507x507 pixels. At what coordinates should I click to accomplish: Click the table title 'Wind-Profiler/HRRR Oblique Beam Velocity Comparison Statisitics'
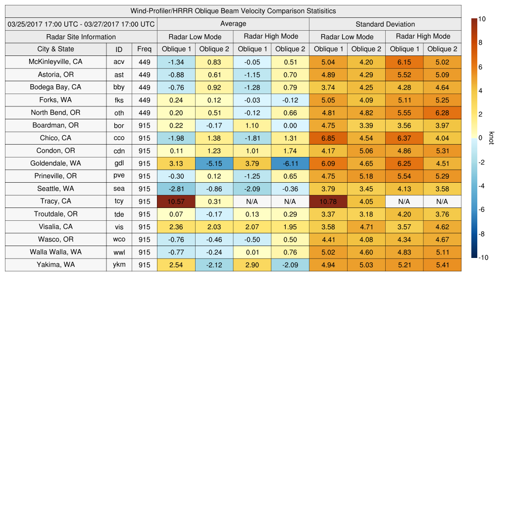[x=233, y=11]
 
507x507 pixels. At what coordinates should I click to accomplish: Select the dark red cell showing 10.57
[x=176, y=202]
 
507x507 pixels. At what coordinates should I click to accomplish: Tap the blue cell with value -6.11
[x=290, y=163]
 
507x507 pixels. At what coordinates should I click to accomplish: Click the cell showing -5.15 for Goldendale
[x=214, y=163]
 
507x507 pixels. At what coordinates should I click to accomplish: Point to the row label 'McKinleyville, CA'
[x=55, y=62]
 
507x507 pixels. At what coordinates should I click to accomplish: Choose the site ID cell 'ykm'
[x=119, y=265]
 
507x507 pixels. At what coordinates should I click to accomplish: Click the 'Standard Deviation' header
[x=385, y=24]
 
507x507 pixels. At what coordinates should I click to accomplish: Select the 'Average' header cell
[x=233, y=24]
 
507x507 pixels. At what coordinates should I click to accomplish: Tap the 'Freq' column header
[x=144, y=49]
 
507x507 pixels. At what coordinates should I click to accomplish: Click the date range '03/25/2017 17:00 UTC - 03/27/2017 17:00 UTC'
[x=81, y=24]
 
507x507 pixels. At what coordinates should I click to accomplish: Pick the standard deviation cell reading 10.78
[x=328, y=202]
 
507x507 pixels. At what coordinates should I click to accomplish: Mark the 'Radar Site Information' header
[x=81, y=37]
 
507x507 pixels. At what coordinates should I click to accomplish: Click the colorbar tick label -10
[x=484, y=257]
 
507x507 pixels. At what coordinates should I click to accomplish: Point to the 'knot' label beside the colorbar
[x=492, y=138]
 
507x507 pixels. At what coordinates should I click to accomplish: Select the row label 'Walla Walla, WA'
[x=55, y=252]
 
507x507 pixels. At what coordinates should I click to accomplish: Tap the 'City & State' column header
[x=55, y=49]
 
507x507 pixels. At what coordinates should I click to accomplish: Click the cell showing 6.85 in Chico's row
[x=328, y=138]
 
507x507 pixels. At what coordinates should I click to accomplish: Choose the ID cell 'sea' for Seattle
[x=119, y=189]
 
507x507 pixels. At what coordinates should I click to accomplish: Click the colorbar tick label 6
[x=480, y=67]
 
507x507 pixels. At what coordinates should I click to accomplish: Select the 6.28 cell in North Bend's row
[x=442, y=113]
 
